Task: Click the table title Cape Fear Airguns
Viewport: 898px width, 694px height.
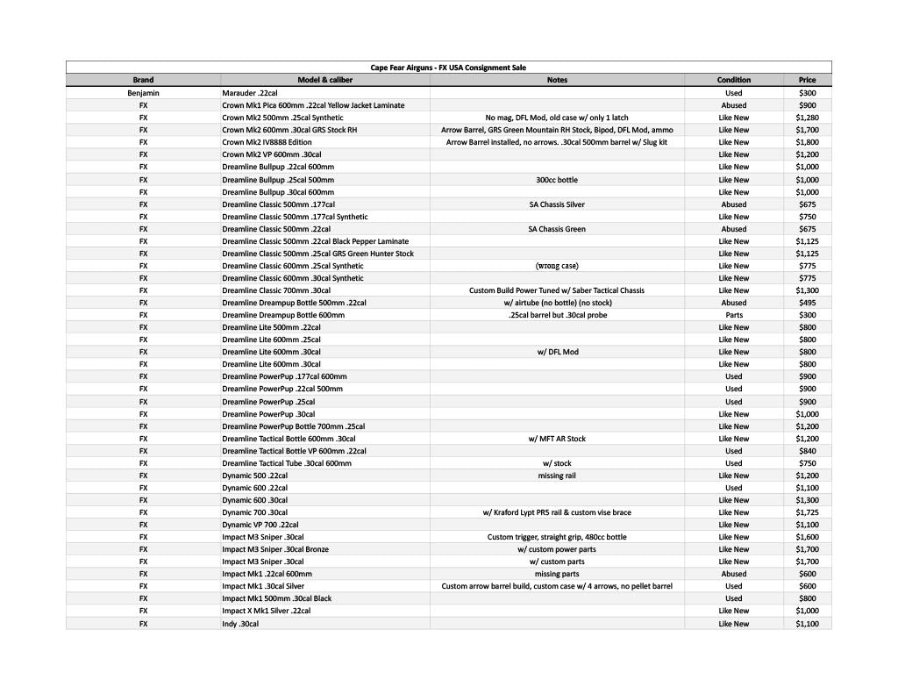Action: point(448,68)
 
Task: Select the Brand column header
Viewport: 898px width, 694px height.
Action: point(143,80)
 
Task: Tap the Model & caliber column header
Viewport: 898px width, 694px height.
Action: point(324,80)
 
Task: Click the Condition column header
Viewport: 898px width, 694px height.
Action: point(733,80)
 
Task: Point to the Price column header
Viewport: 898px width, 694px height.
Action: point(807,80)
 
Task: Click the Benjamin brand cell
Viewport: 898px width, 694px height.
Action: point(143,92)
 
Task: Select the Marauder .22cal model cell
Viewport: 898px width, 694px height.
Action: point(250,92)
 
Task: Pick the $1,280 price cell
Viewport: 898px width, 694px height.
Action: point(807,118)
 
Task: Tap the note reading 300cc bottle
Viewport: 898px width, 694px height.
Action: point(557,180)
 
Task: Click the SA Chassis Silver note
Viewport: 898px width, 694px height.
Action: point(557,204)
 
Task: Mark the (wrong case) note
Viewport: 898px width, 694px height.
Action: point(557,266)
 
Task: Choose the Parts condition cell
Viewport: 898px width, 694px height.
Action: point(733,315)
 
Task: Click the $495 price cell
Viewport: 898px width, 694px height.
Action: point(807,303)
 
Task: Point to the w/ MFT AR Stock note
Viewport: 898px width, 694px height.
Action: point(557,439)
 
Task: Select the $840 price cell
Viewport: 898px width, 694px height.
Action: point(807,451)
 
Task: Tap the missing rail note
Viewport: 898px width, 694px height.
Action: point(557,476)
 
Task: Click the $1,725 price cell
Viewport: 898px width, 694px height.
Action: point(807,512)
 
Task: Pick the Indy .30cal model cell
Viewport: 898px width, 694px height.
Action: point(240,624)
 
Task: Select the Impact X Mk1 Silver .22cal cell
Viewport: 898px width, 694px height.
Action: point(266,611)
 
